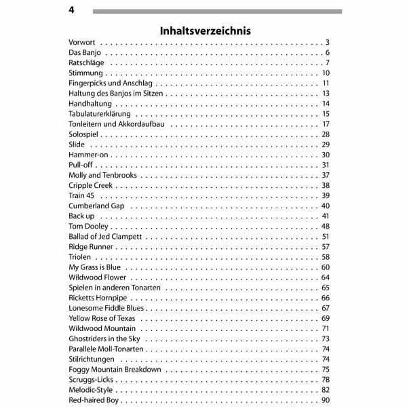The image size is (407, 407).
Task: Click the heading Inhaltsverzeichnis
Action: point(205,31)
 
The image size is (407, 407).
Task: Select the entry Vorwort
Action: point(82,43)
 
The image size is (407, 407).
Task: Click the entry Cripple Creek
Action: point(91,185)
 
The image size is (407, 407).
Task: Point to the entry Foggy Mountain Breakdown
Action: point(115,370)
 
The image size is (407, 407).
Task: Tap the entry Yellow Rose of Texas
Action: point(102,318)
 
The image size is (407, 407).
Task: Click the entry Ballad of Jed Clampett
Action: point(105,237)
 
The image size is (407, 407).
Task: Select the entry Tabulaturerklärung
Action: point(99,114)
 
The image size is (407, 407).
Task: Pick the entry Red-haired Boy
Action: point(94,400)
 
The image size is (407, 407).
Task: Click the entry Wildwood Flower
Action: point(98,277)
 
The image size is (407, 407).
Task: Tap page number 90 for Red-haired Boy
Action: point(325,400)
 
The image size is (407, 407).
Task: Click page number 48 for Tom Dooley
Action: point(325,226)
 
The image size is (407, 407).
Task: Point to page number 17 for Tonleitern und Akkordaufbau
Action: point(326,124)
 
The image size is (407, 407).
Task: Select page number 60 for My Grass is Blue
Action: point(325,267)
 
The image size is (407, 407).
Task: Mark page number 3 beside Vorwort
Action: point(327,43)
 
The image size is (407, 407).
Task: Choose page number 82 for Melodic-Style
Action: point(325,390)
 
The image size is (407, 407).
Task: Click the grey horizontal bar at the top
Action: point(217,12)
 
